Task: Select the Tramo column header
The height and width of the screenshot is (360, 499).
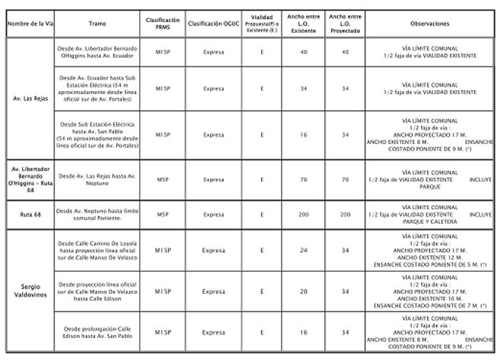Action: pyautogui.click(x=98, y=24)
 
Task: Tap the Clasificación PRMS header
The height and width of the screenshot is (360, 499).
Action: pyautogui.click(x=163, y=24)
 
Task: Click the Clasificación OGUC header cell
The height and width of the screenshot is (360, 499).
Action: pyautogui.click(x=212, y=24)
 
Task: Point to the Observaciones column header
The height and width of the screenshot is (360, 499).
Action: pyautogui.click(x=430, y=24)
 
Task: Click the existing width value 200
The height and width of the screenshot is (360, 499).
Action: pyautogui.click(x=304, y=214)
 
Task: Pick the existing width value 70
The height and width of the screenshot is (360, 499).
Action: pyautogui.click(x=304, y=180)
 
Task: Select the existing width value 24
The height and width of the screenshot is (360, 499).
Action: pyautogui.click(x=304, y=251)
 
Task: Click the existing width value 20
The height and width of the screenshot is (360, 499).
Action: pyautogui.click(x=304, y=292)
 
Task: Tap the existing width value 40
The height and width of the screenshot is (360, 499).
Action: pyautogui.click(x=304, y=52)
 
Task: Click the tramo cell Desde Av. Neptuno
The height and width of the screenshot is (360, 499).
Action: pyautogui.click(x=98, y=214)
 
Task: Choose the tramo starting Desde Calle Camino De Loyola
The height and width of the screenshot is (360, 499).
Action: pyautogui.click(x=98, y=251)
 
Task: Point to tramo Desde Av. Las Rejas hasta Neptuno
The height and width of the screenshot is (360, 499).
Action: pyautogui.click(x=98, y=180)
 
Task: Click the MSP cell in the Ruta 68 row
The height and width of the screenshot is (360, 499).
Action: pyautogui.click(x=163, y=214)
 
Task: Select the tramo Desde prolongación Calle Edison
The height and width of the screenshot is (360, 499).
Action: pyautogui.click(x=98, y=332)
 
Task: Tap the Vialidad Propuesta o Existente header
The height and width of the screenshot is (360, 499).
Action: pyautogui.click(x=262, y=24)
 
